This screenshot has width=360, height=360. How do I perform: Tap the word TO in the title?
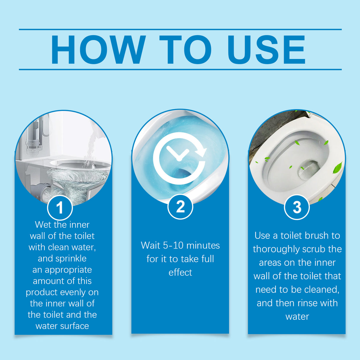point(185,50)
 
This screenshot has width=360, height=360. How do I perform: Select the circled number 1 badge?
point(60,208)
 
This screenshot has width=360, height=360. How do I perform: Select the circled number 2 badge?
point(180,207)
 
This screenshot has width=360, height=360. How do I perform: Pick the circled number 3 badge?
point(297,207)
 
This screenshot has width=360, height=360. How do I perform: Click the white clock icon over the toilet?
point(179,158)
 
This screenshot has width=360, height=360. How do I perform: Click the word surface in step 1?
point(76,326)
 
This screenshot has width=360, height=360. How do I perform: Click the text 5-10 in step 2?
point(173,246)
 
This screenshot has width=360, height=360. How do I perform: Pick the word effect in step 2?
point(180,273)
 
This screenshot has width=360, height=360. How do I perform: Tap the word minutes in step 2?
point(203,246)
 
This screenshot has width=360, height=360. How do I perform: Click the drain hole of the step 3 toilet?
point(309,170)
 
